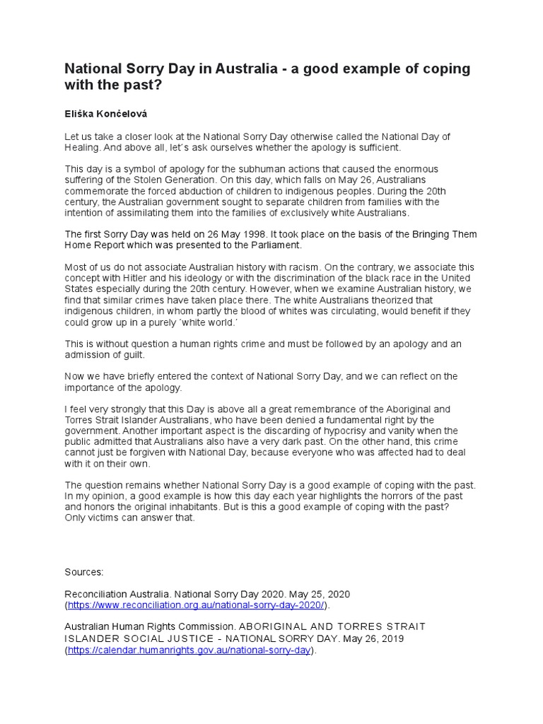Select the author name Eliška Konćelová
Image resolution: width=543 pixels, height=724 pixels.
pyautogui.click(x=107, y=112)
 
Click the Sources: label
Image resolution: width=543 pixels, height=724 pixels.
pyautogui.click(x=84, y=571)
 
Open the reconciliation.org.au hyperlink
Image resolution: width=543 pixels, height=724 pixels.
pyautogui.click(x=196, y=605)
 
